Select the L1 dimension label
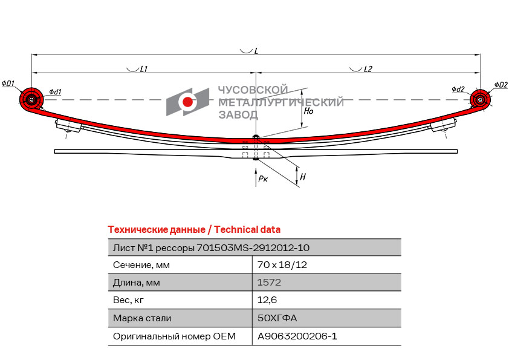tap(143, 70)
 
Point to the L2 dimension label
tap(368, 70)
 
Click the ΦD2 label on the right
tap(500, 85)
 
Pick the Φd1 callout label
tap(55, 92)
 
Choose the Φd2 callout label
tap(458, 90)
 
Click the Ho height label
tap(308, 111)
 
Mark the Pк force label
tap(262, 179)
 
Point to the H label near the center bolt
tap(303, 177)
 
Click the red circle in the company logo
tap(188, 102)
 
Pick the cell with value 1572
tap(269, 282)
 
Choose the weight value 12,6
tap(267, 299)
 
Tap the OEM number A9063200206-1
tap(297, 336)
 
